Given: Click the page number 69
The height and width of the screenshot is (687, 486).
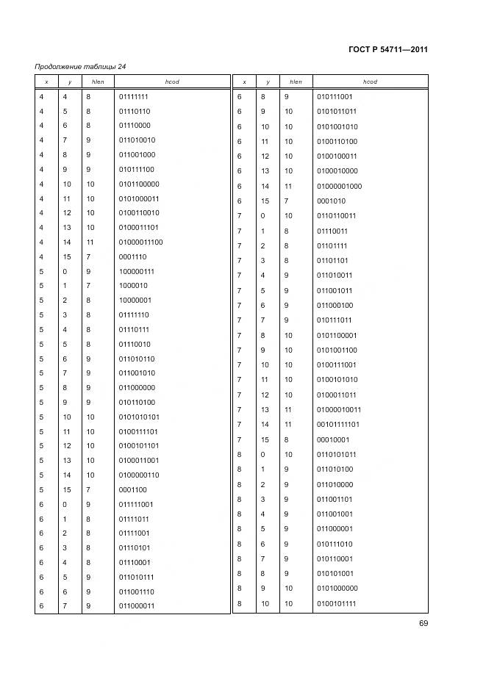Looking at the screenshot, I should (424, 624).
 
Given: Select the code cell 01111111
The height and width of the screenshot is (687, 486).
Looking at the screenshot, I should (134, 96).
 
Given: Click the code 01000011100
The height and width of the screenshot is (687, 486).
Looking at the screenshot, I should (140, 242).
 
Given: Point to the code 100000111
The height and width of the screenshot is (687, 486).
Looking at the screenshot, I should (136, 271).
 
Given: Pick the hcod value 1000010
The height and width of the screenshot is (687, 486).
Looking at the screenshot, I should (132, 286).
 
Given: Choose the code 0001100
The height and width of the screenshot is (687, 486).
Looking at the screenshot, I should (132, 489).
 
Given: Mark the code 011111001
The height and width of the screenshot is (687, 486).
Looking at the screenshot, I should (136, 504).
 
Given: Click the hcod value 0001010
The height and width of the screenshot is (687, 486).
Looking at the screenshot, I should (330, 201).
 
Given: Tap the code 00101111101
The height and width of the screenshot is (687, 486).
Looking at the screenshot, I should (338, 425).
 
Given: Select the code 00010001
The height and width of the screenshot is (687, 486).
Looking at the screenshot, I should (332, 439).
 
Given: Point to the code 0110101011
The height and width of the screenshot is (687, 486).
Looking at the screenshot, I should (336, 454).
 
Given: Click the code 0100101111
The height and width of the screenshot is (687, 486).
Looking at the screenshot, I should (336, 603).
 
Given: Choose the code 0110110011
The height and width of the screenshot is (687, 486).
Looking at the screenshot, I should (336, 216).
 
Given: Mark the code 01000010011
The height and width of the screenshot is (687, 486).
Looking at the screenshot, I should (338, 410).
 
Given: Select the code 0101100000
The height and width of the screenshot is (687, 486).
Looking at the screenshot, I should (138, 184).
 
